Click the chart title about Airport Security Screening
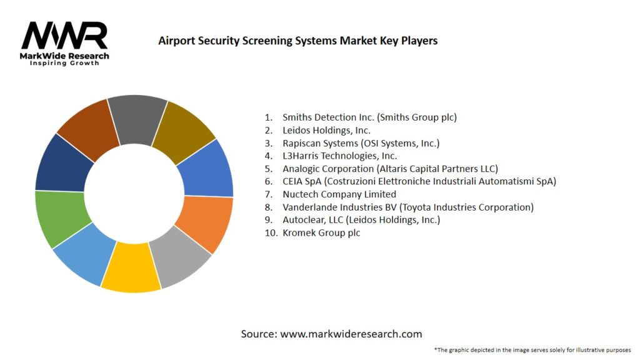tap(297, 41)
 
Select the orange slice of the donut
tap(204, 223)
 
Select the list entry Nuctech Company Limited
tap(339, 194)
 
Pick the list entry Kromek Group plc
tap(321, 232)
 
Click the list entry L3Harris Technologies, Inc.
tap(339, 156)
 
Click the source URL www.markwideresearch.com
tap(351, 334)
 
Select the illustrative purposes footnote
tap(532, 349)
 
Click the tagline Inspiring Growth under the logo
tap(64, 63)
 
